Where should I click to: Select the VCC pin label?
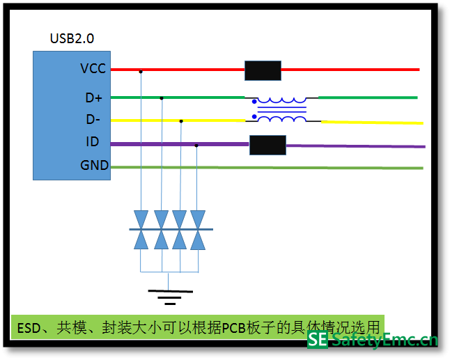(93, 69)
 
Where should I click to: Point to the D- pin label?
(93, 120)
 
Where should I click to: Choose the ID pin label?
(93, 142)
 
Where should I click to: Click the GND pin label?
(94, 166)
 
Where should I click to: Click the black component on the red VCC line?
(263, 70)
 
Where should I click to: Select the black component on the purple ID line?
(267, 145)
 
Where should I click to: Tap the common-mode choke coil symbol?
(282, 109)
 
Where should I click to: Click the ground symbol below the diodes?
(168, 295)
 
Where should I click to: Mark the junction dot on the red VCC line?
(141, 71)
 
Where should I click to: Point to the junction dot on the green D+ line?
(162, 98)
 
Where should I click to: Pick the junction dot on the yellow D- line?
(181, 121)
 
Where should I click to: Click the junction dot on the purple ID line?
(197, 146)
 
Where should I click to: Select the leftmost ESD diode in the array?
(141, 229)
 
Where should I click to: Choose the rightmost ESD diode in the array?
(198, 229)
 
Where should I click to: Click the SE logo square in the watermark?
(318, 340)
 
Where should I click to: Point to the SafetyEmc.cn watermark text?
(384, 340)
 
